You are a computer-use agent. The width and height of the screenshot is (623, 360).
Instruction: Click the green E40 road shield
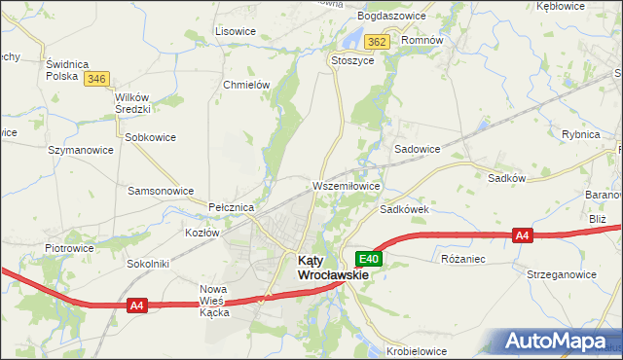[x=368, y=259]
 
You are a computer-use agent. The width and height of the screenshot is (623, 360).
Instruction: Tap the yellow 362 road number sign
[x=378, y=42]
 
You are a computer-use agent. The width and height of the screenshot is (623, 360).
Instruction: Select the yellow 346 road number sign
[x=95, y=79]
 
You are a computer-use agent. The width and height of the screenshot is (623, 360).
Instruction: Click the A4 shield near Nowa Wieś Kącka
[x=137, y=306]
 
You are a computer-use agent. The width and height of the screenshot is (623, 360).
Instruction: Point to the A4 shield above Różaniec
[x=523, y=235]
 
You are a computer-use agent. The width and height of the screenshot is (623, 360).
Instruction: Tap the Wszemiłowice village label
[x=346, y=185]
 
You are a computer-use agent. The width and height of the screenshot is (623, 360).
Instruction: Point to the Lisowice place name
[x=235, y=31]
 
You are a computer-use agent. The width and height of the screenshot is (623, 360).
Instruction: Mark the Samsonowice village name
[x=161, y=191]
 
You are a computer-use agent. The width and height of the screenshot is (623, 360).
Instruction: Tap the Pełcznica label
[x=232, y=208]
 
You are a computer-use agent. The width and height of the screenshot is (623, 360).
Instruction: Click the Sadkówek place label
[x=405, y=209]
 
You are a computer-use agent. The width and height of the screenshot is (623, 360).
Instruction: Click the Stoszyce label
[x=352, y=59]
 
